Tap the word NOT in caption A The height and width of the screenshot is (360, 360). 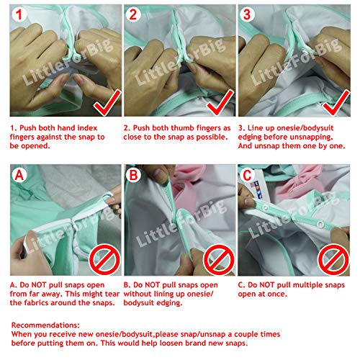coord(37,285)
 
